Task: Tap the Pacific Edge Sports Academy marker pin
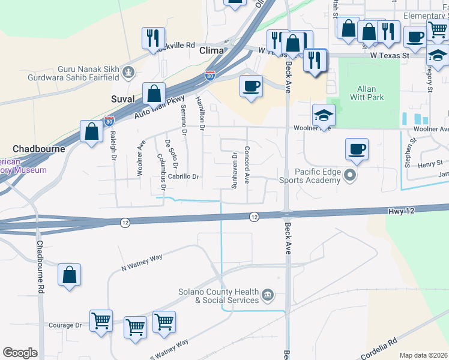coord(351,176)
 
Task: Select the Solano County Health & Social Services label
coord(218,296)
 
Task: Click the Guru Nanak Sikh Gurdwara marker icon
coord(127,73)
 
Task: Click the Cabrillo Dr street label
coord(183,176)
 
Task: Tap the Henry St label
coord(430,163)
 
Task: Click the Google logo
coord(20,353)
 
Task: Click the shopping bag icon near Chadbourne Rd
coord(70,275)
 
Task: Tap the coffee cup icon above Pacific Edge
coord(357,149)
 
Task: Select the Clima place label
coord(211,51)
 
